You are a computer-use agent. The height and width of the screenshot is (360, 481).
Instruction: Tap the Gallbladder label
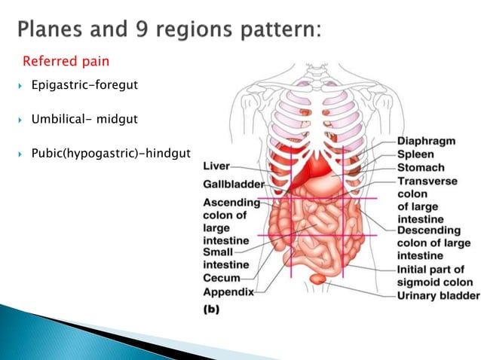click(233, 185)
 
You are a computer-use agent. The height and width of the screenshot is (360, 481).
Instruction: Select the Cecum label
click(222, 278)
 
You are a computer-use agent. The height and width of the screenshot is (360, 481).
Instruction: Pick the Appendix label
click(228, 291)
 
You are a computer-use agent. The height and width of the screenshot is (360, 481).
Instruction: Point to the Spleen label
click(417, 154)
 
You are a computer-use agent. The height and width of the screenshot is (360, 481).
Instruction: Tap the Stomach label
click(421, 167)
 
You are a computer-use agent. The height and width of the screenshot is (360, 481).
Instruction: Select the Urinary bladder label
click(438, 295)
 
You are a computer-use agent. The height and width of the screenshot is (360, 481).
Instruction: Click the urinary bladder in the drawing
click(317, 279)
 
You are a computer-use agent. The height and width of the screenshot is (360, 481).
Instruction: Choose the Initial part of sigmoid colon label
click(430, 276)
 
